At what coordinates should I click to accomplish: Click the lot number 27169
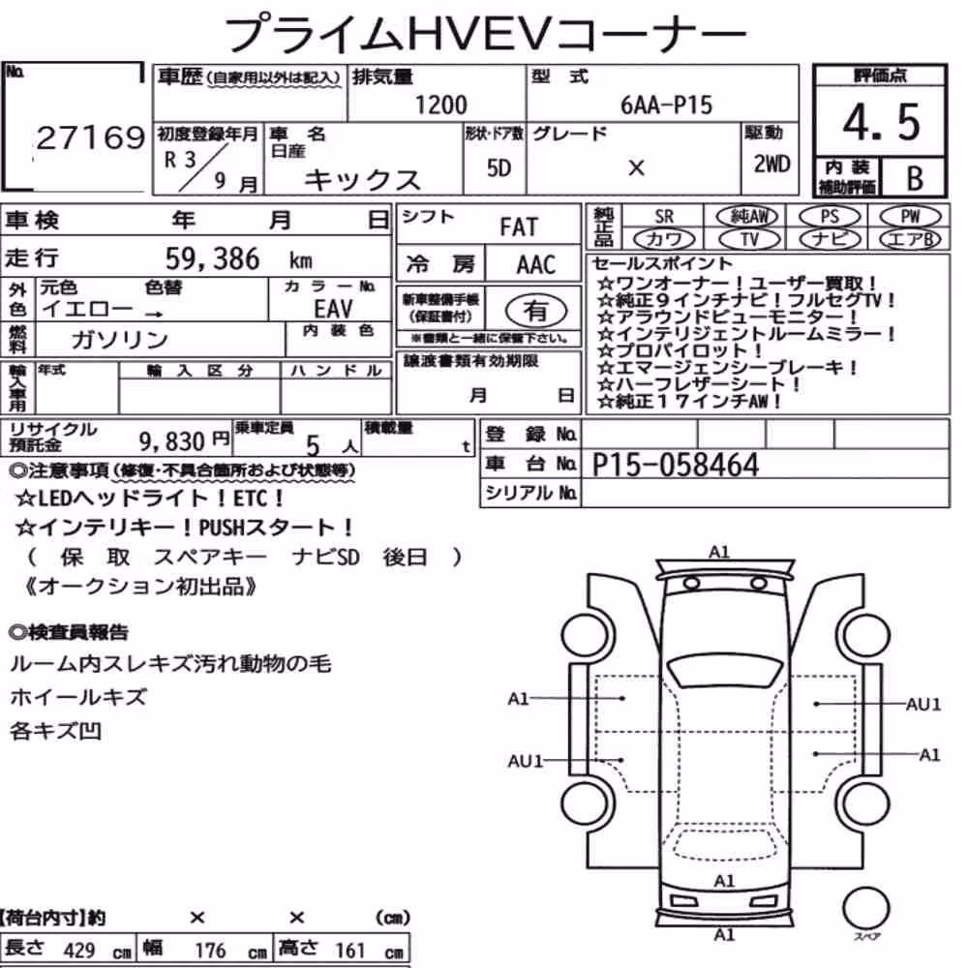(x=91, y=137)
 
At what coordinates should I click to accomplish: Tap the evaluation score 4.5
(x=881, y=122)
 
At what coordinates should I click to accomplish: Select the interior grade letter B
(x=915, y=179)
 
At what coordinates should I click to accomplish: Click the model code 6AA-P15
(x=666, y=106)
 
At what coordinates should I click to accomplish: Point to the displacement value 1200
(x=440, y=105)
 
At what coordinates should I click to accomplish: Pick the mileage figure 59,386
(x=212, y=258)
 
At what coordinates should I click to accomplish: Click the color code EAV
(x=333, y=308)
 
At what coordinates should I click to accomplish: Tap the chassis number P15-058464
(x=676, y=465)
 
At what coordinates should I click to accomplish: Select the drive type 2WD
(x=771, y=165)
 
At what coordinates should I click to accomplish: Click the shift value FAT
(x=519, y=227)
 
